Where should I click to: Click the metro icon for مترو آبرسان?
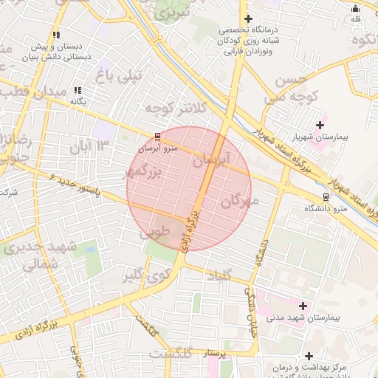point(157,137)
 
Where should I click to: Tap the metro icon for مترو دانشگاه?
point(326,197)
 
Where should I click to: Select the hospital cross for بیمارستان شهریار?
point(319,124)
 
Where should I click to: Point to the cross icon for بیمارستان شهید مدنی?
point(301,305)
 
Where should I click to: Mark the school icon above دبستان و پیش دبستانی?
point(57,35)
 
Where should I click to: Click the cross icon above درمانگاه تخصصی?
point(248,18)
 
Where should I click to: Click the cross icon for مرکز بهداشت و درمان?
point(309,357)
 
